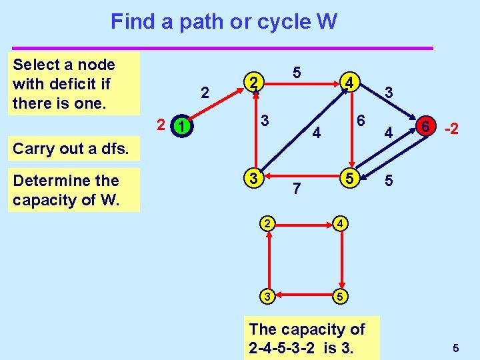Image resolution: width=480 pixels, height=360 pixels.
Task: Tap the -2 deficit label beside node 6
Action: coord(451,128)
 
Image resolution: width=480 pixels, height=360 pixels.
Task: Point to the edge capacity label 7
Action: coord(297,190)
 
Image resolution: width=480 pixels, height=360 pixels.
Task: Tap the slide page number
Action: coord(455,347)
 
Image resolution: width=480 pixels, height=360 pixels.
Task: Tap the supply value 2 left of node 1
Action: coord(160,123)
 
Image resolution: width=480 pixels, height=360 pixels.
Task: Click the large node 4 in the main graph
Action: coord(347,83)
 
